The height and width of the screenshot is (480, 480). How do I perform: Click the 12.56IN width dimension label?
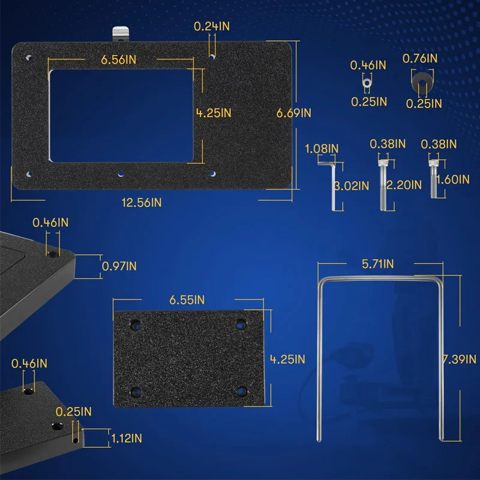point(142,203)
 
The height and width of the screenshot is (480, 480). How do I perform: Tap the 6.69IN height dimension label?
point(293,113)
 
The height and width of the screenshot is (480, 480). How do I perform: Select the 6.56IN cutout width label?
point(118,59)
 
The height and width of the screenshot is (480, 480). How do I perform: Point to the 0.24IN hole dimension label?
point(212,26)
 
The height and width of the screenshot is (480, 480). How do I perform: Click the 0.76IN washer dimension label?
point(419,58)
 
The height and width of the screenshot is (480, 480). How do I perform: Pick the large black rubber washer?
point(422,83)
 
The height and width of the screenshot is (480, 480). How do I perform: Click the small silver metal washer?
point(367,82)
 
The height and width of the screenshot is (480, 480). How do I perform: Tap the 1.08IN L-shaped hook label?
point(322,149)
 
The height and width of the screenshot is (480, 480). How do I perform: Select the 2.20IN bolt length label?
point(404,185)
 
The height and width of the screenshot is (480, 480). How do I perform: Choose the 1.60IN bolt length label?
point(453,179)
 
